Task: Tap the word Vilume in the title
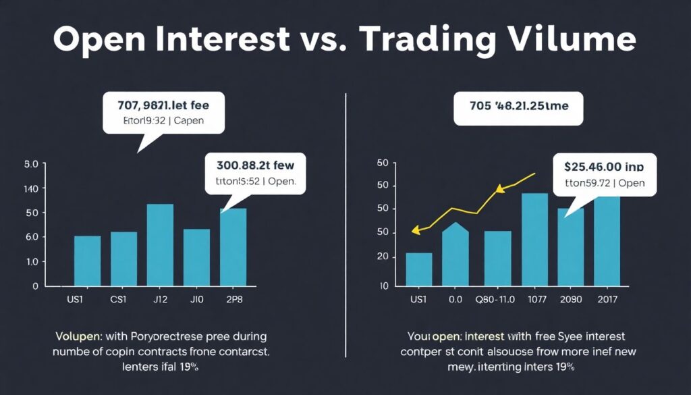click(569, 40)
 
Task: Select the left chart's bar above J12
click(160, 244)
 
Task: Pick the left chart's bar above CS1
click(123, 259)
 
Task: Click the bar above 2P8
click(233, 247)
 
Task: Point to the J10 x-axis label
click(196, 299)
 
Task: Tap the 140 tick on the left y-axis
click(32, 189)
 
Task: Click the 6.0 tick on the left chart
click(32, 238)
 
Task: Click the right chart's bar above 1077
click(534, 239)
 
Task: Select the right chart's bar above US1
click(419, 269)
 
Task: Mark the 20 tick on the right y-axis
click(383, 257)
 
